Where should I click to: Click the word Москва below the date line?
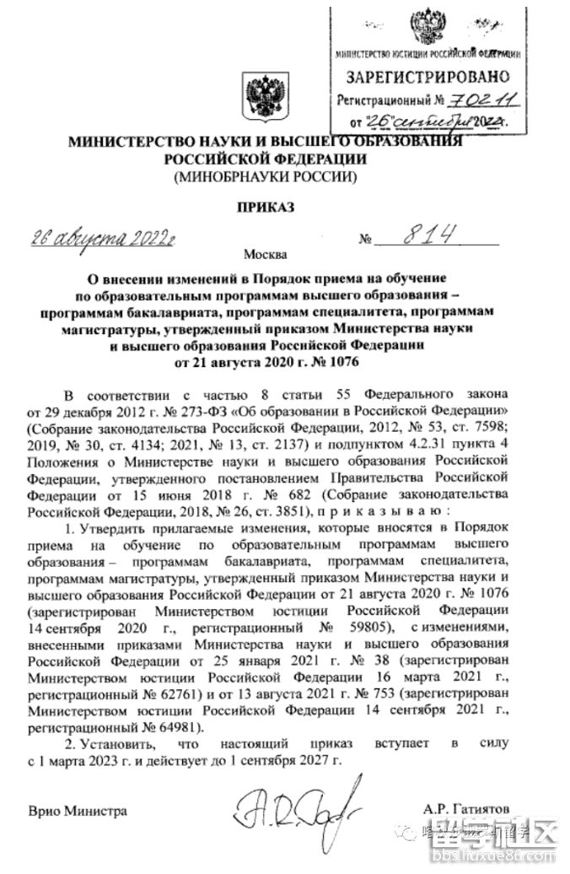(265, 253)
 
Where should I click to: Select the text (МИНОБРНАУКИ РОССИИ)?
(266, 177)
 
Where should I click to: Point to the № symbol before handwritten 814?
(366, 240)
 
